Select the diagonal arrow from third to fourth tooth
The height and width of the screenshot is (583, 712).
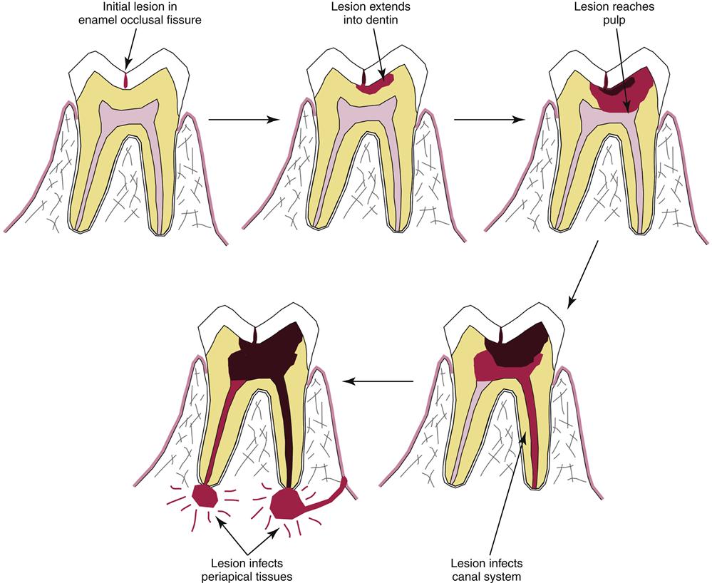click(x=582, y=274)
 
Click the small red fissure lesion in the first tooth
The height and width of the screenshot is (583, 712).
click(x=125, y=80)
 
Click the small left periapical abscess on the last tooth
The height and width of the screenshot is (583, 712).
click(x=206, y=493)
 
